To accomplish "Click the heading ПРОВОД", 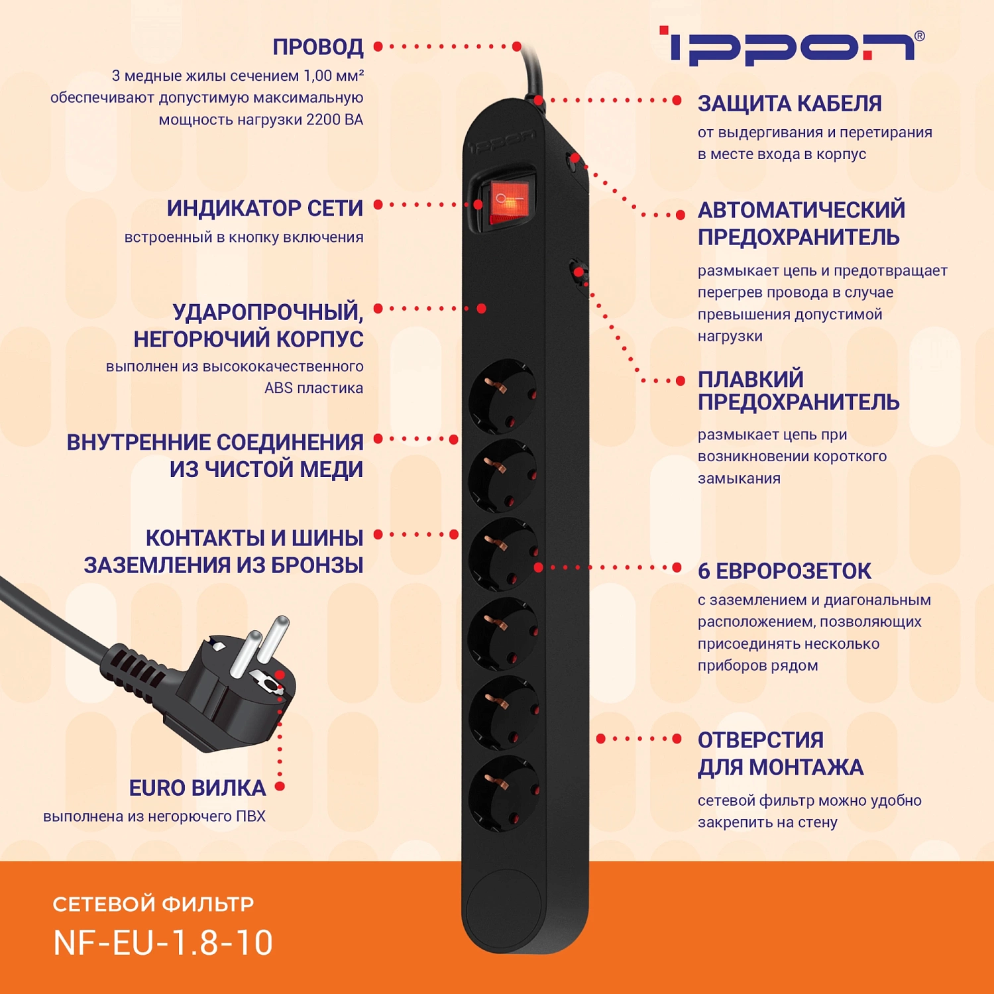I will tap(318, 47).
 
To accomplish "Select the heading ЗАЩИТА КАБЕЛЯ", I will tap(789, 104).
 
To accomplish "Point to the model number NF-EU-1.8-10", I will tap(163, 942).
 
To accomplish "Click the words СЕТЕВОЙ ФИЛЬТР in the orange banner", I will tap(153, 904).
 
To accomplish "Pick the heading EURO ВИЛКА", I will tap(197, 788).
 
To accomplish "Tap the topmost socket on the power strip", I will tap(503, 395).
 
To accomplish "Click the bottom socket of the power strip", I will tap(503, 793).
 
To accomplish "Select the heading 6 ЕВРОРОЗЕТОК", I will tap(784, 571).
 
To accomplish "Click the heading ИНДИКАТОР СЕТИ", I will tap(265, 208).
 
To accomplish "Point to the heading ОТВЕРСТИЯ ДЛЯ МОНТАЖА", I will tap(780, 753).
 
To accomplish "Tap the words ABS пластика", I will tap(313, 388).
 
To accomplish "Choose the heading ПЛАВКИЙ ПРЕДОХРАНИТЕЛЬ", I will tap(798, 390).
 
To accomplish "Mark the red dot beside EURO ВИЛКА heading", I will tap(280, 787).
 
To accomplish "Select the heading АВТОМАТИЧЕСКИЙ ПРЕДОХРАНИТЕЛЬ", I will tap(801, 223).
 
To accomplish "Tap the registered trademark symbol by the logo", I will tap(919, 36).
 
